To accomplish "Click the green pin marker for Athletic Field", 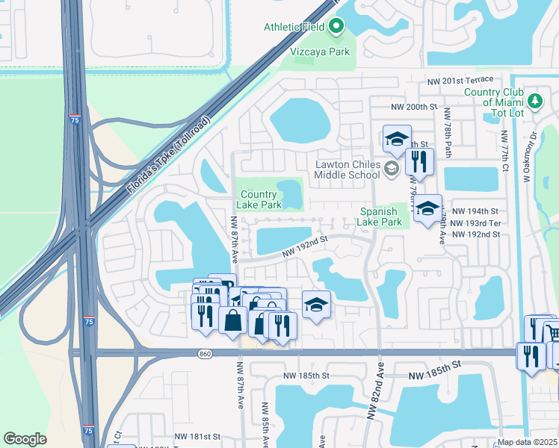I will pos(336,28).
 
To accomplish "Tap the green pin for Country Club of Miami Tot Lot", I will pos(534,101).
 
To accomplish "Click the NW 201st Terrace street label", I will pos(460,81).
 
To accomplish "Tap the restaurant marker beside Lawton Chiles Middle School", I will pos(418,161).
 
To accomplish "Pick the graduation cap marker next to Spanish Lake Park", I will pos(428,209).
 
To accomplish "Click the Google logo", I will pos(25,439).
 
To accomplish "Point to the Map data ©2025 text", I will pos(528,442).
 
